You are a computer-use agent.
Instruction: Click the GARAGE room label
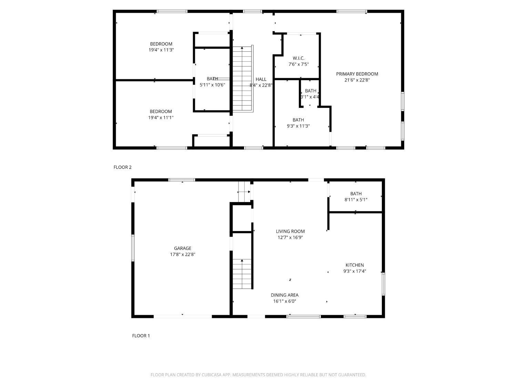tap(182, 248)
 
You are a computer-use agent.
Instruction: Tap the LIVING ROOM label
tap(290, 231)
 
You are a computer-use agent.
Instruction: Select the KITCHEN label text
tap(355, 265)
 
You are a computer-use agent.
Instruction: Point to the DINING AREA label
tap(284, 295)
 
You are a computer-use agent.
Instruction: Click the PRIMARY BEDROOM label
tap(357, 74)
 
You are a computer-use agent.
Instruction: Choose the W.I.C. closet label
tap(298, 58)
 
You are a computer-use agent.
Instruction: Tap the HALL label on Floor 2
tap(261, 79)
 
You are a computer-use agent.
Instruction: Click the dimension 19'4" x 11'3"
tap(161, 50)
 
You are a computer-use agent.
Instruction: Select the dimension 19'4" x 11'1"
tap(161, 118)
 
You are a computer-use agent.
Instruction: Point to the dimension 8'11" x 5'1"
tap(356, 200)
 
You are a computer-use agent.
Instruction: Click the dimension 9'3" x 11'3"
tap(298, 126)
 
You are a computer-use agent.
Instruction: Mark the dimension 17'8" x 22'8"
tap(183, 255)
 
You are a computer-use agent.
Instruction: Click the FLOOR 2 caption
tap(122, 167)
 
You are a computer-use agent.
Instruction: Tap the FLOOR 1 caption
tap(141, 336)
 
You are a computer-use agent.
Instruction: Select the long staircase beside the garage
tap(242, 274)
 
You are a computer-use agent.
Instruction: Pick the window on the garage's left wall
tap(133, 248)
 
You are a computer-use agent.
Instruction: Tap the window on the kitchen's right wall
tap(383, 284)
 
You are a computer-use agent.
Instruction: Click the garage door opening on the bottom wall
tap(182, 316)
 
